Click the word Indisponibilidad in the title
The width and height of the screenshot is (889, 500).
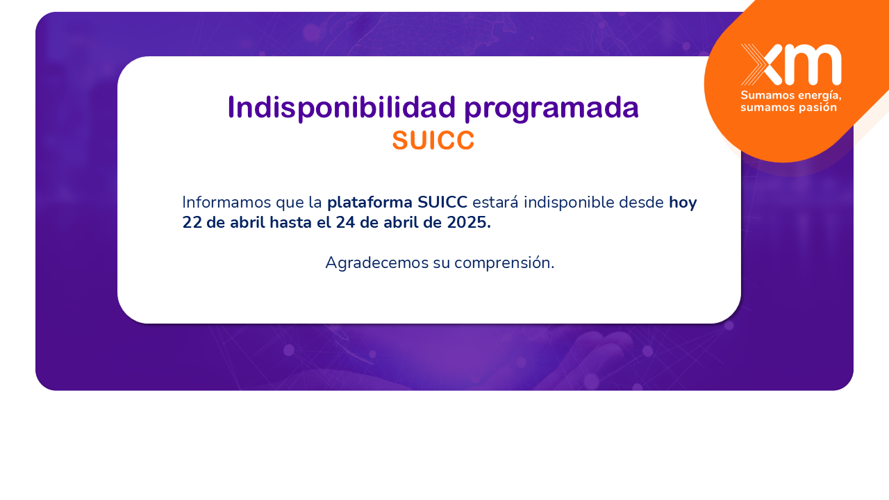click(x=341, y=108)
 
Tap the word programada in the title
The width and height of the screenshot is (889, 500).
click(x=551, y=110)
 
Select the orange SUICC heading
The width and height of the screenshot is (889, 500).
click(x=433, y=140)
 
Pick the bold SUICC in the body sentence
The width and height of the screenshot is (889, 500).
click(x=442, y=202)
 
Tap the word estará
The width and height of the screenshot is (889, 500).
click(x=495, y=202)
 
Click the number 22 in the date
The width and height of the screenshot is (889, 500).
click(x=192, y=223)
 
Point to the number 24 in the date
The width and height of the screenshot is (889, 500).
click(x=345, y=223)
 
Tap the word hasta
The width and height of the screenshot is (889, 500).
click(x=290, y=223)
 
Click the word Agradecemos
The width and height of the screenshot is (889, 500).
click(x=376, y=263)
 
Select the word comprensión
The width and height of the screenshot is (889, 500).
click(x=504, y=263)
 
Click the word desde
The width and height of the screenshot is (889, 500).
click(x=641, y=202)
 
